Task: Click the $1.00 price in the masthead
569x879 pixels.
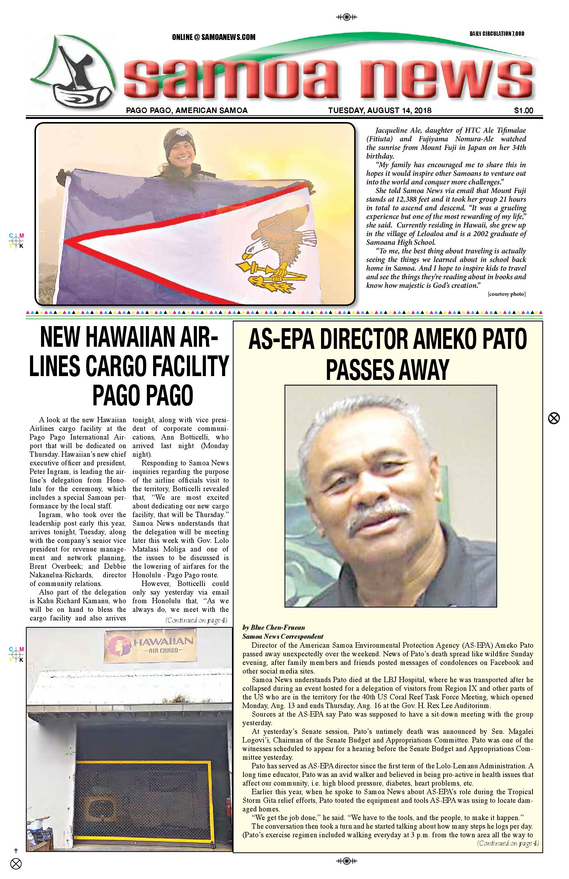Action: pos(523,110)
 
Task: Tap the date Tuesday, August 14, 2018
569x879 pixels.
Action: pos(379,110)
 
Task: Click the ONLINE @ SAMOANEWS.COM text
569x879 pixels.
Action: pos(213,37)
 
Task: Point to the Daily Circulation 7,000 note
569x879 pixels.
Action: pos(497,34)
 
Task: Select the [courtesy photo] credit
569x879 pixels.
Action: pos(506,294)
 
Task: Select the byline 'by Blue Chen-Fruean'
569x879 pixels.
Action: pos(273,627)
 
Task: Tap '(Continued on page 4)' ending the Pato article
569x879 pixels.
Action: pos(508,843)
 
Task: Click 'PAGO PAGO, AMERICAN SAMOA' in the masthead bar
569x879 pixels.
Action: pos(187,110)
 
